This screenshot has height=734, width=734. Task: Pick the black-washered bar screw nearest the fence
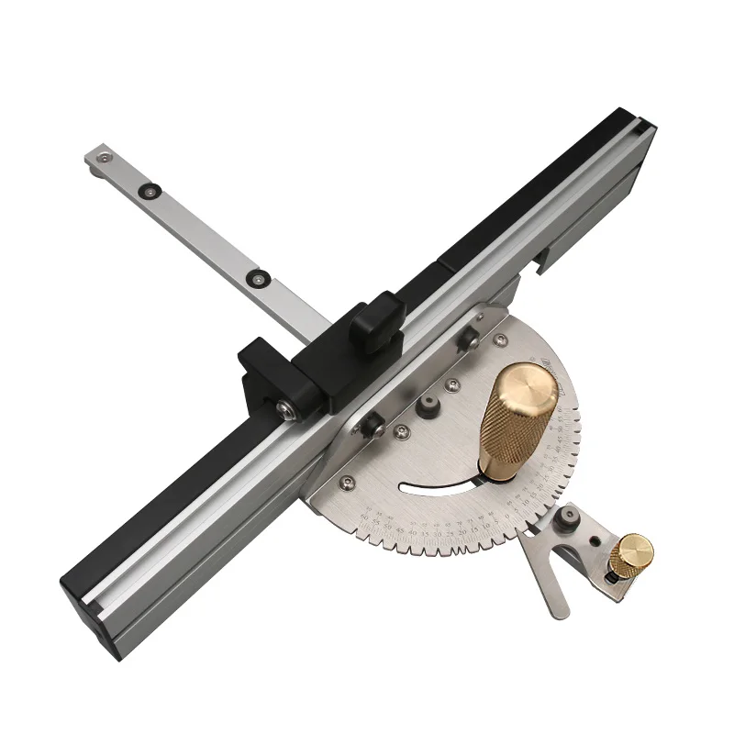257,274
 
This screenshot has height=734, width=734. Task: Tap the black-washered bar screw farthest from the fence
147,191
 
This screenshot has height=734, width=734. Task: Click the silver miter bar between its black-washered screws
202,233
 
